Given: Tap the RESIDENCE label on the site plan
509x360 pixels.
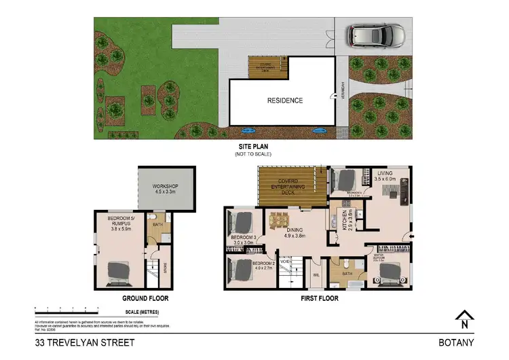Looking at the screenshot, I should coord(284,101).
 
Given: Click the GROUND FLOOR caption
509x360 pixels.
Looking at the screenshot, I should coord(145,298).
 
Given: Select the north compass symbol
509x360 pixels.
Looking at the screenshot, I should coord(464,318).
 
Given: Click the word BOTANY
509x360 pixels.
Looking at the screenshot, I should coord(457,343).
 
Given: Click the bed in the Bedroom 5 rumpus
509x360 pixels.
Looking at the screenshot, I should coord(119,271).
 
